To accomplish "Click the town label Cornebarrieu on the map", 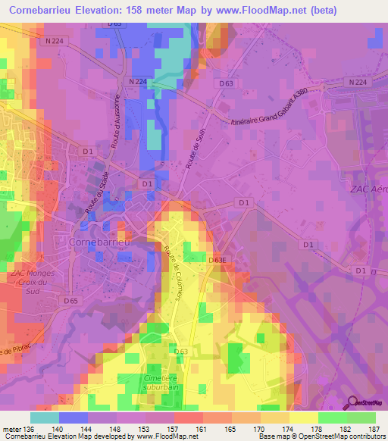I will tap(101, 241).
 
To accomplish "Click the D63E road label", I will tap(218, 259).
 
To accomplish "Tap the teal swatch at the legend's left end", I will tap(44, 418).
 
